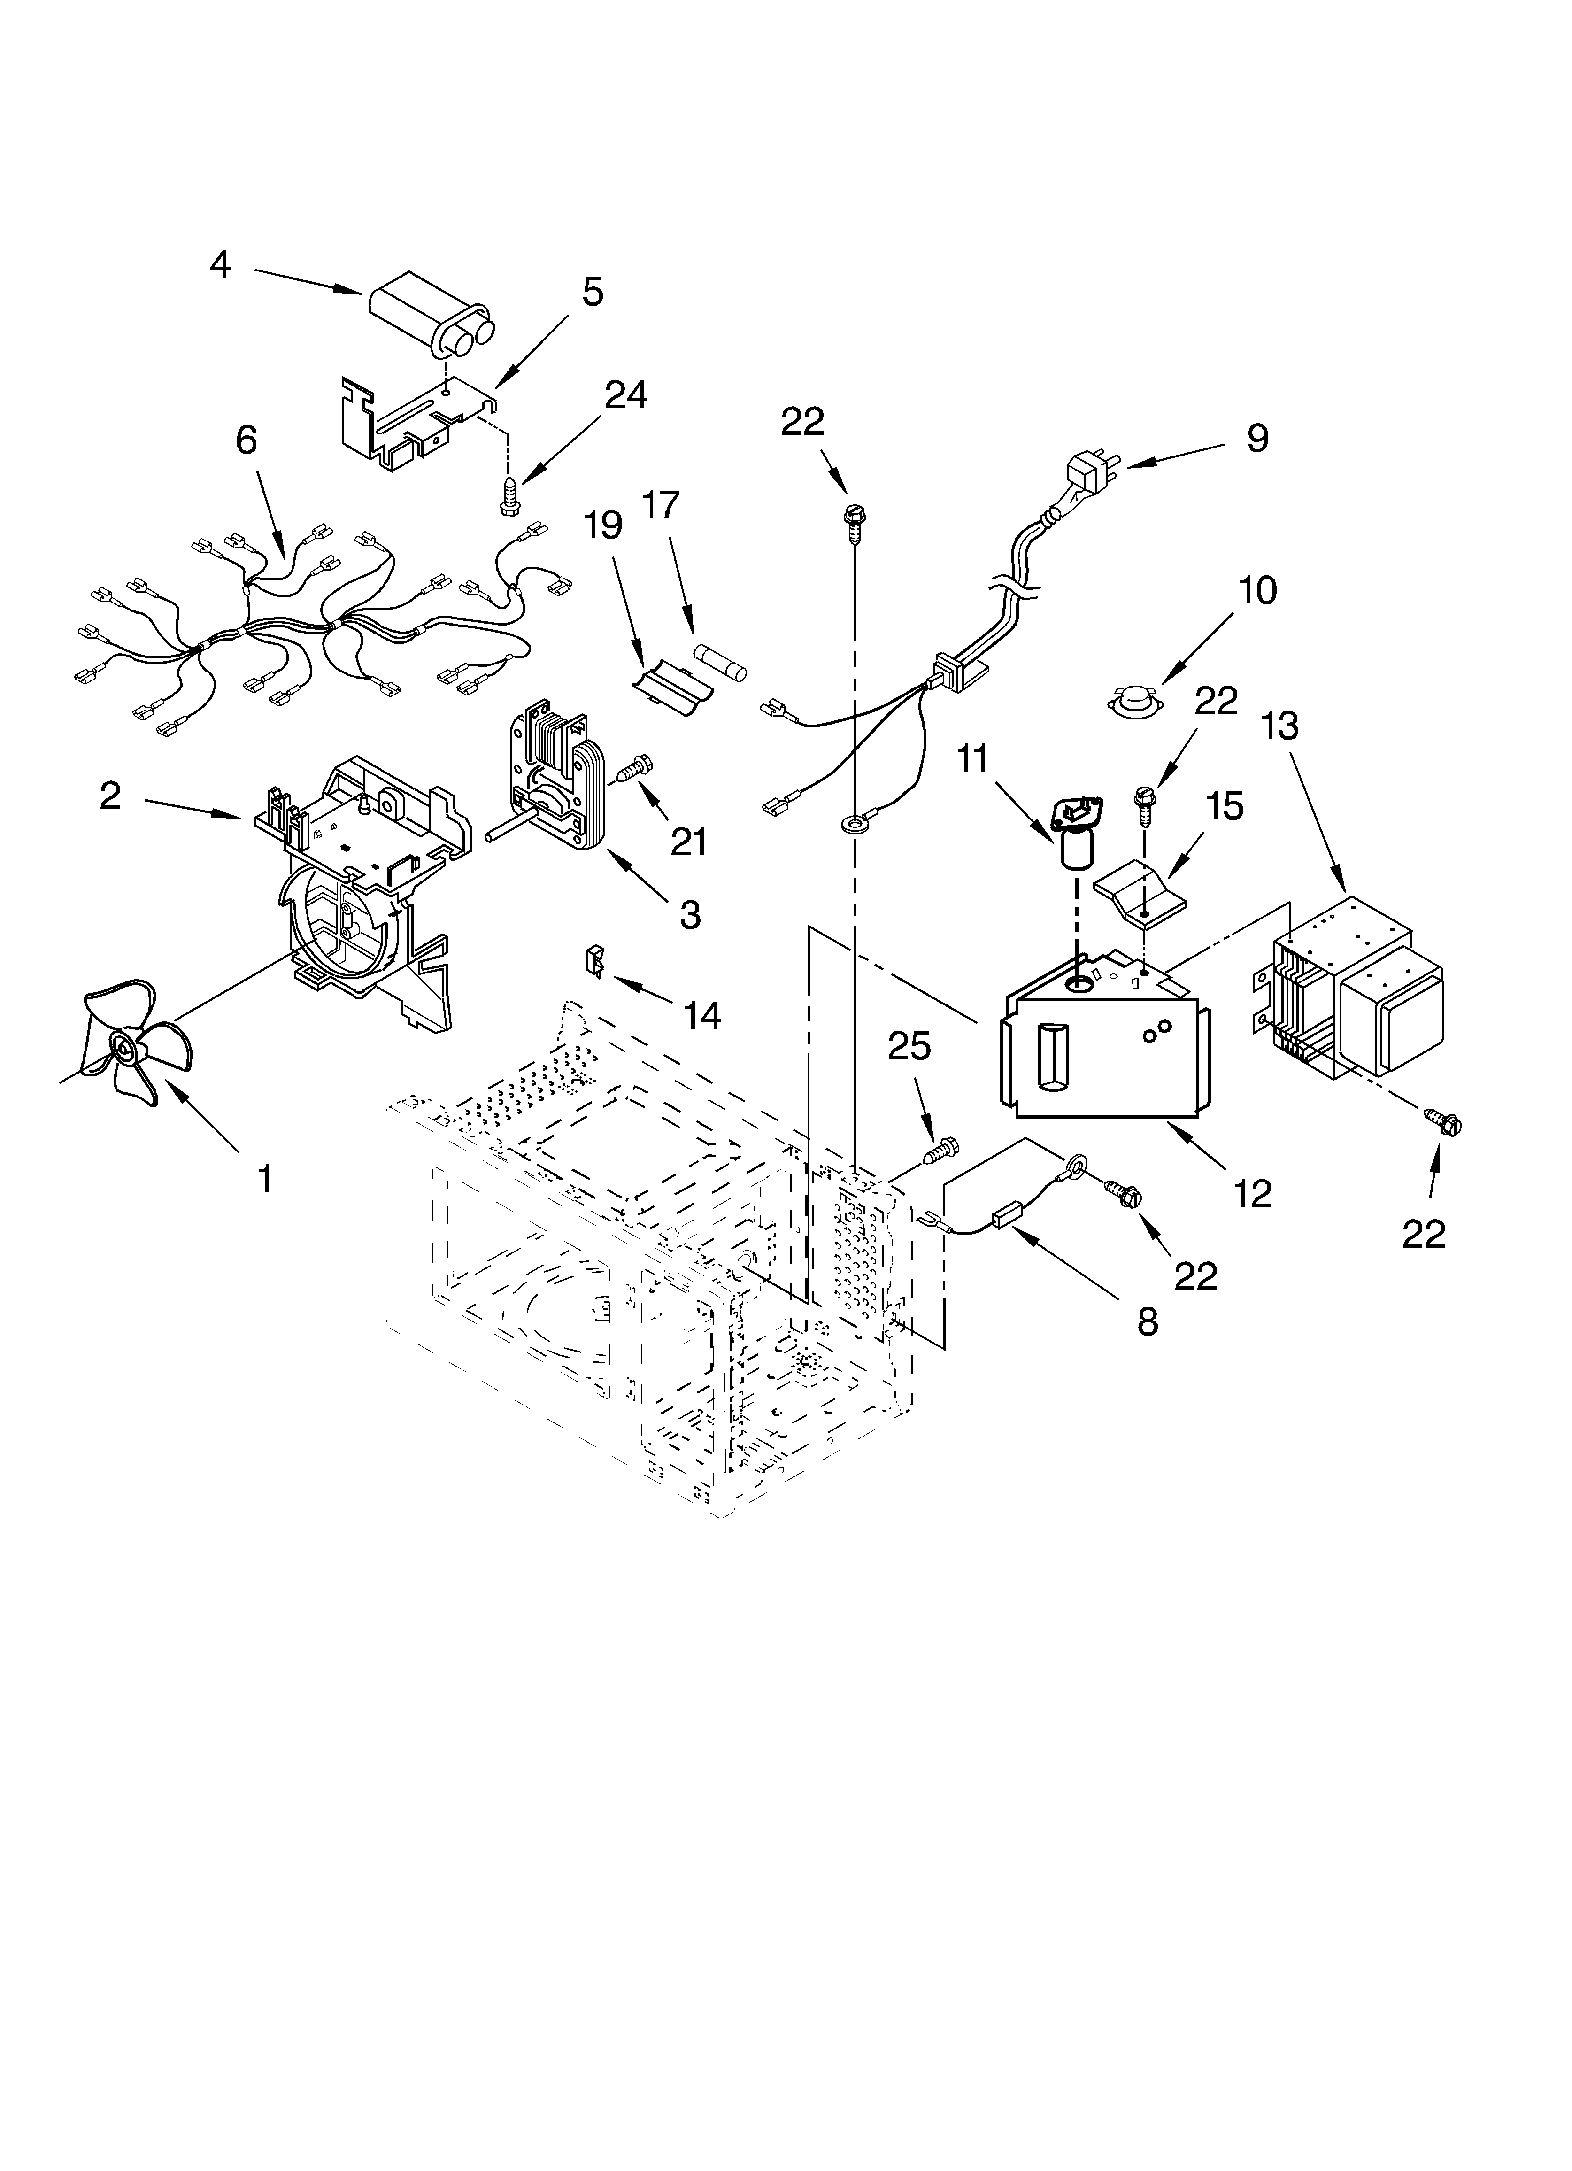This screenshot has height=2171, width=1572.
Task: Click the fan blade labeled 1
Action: (x=129, y=1048)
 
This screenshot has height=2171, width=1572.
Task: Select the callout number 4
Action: (x=220, y=264)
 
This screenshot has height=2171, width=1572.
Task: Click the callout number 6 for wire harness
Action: (x=246, y=440)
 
